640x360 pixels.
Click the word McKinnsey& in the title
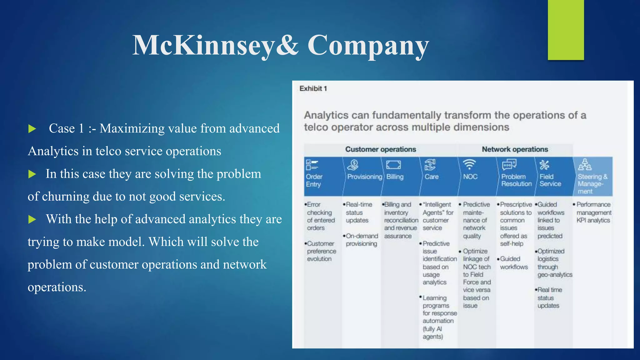pos(215,46)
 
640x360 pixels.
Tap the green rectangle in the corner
pos(566,30)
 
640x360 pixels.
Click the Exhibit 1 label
pos(313,89)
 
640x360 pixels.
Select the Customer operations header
pos(380,149)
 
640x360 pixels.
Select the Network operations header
pos(515,149)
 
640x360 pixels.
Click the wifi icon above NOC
pos(469,164)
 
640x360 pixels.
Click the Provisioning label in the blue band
pos(364,177)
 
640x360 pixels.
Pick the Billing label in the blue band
pos(395,177)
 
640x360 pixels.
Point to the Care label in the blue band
pos(431,177)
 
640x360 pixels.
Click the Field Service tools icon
pos(544,165)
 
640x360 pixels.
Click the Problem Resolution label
pos(516,180)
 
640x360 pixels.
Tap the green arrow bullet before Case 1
pos(32,129)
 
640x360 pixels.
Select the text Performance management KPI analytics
pos(593,212)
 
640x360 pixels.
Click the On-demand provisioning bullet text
pos(362,240)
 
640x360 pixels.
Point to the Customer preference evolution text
pos(321,251)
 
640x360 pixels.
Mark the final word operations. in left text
pos(57,287)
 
